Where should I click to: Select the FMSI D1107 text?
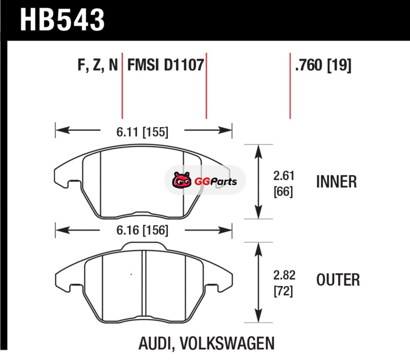pyautogui.click(x=166, y=66)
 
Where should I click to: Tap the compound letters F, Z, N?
pyautogui.click(x=98, y=66)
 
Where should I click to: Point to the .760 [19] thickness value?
pyautogui.click(x=323, y=66)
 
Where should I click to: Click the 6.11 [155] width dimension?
pyautogui.click(x=142, y=132)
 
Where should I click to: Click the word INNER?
pyautogui.click(x=336, y=182)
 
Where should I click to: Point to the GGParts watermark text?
pyautogui.click(x=216, y=181)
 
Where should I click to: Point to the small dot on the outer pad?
pyautogui.click(x=132, y=276)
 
